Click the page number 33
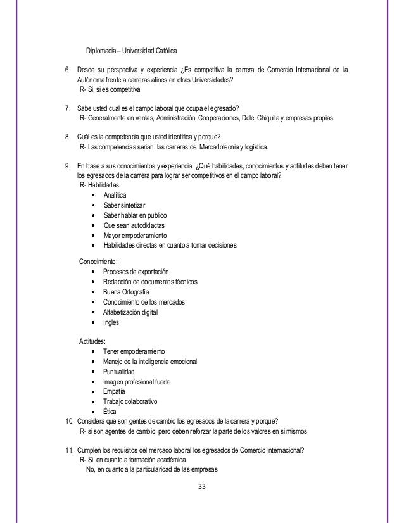click(x=201, y=486)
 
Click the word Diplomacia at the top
click(x=102, y=49)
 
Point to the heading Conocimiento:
click(x=98, y=261)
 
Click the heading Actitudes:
click(x=92, y=340)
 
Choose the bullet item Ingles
click(x=111, y=322)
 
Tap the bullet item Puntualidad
click(x=120, y=371)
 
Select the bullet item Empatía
click(x=115, y=391)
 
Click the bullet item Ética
click(x=110, y=412)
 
